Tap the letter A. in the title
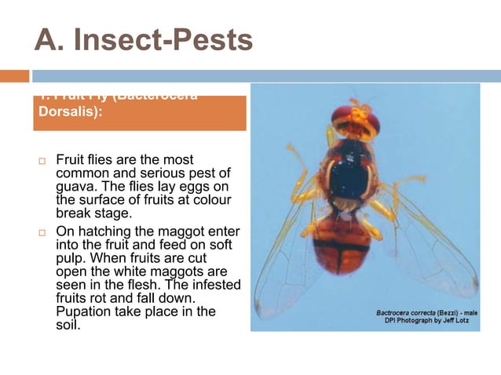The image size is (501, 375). (53, 40)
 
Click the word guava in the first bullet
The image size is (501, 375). (76, 187)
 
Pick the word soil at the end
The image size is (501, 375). (68, 324)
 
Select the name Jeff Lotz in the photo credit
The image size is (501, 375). (460, 322)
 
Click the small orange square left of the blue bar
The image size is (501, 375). (14, 76)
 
